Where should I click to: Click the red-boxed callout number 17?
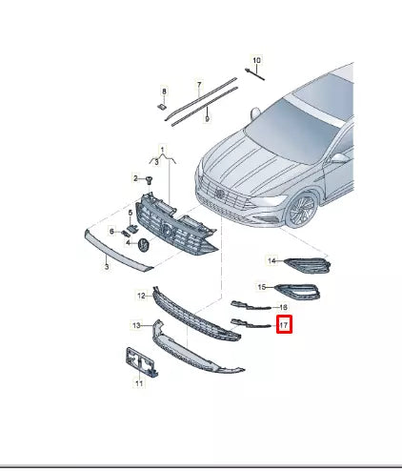(283, 326)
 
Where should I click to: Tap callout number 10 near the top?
(256, 60)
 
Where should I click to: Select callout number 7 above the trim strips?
(199, 85)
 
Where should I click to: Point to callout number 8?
(164, 92)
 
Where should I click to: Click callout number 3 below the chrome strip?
(108, 271)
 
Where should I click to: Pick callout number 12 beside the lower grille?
(140, 297)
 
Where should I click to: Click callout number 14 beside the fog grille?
(271, 261)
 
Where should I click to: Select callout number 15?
(263, 286)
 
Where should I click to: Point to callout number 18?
(282, 307)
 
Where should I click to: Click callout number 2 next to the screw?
(136, 178)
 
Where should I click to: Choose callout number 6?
(111, 232)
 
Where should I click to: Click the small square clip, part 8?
(164, 108)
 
